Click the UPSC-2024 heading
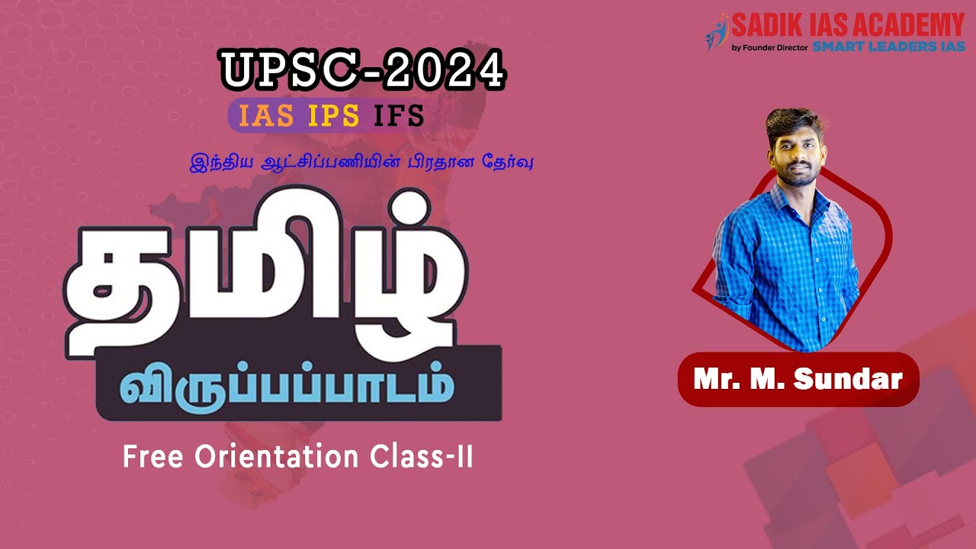(363, 70)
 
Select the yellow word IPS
(334, 116)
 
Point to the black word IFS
(398, 116)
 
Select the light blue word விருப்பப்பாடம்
(286, 388)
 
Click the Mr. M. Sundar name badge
(798, 379)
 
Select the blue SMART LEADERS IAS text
(888, 47)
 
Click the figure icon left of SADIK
(717, 32)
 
